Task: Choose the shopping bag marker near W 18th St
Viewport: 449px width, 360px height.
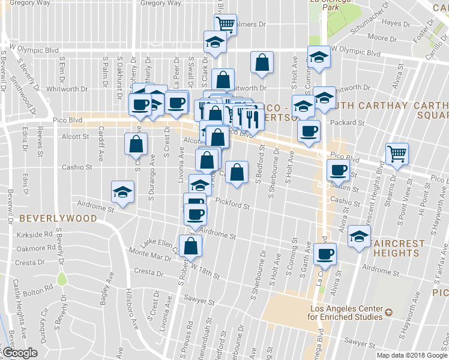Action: [190, 245]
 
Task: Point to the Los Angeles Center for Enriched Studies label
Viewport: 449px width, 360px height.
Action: [345, 312]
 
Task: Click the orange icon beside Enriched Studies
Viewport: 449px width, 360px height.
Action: [388, 312]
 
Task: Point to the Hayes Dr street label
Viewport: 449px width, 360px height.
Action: [396, 23]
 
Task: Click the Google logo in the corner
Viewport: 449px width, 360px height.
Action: [19, 353]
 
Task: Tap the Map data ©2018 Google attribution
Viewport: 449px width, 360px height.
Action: [412, 355]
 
